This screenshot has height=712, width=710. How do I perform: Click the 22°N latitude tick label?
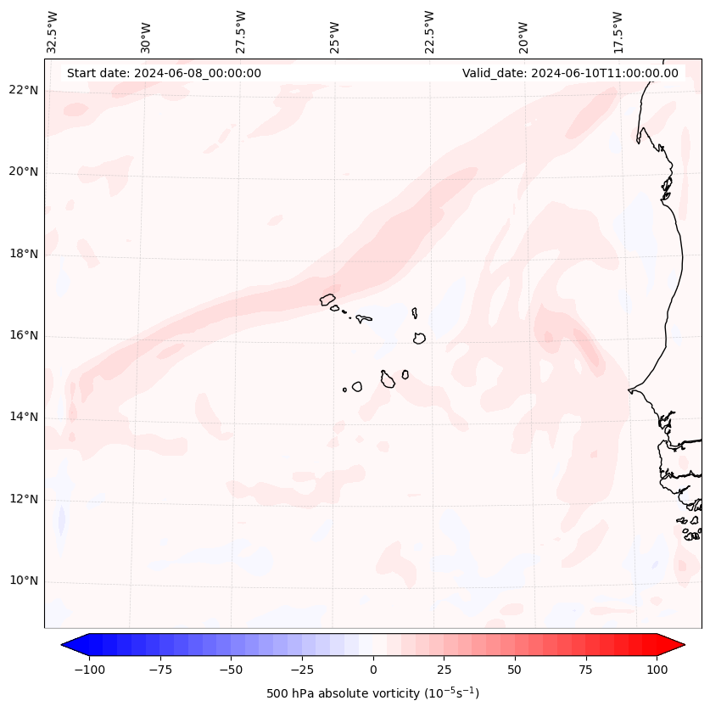(24, 91)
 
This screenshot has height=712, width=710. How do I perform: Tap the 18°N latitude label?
(24, 254)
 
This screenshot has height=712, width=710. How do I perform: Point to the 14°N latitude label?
(24, 417)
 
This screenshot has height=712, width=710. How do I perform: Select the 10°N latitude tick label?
(24, 580)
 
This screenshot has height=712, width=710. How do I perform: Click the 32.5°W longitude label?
(53, 32)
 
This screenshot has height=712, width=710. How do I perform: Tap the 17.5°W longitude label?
(618, 32)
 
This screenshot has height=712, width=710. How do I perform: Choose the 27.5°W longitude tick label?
(241, 32)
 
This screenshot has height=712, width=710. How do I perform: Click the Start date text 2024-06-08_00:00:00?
(164, 73)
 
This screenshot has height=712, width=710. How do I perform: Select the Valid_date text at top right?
(570, 73)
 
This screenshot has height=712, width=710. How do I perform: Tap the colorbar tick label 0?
(372, 670)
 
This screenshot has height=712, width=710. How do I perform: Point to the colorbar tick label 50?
(514, 670)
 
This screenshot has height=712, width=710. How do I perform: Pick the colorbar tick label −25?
(299, 670)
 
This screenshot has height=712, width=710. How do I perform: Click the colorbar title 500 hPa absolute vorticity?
(372, 694)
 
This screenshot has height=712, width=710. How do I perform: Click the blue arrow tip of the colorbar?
(68, 645)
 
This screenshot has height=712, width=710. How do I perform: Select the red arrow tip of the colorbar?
(679, 645)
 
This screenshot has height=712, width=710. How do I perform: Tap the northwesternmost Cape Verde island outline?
(328, 300)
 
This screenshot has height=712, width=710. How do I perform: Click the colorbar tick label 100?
(657, 670)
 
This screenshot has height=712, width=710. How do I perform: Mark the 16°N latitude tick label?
(24, 335)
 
